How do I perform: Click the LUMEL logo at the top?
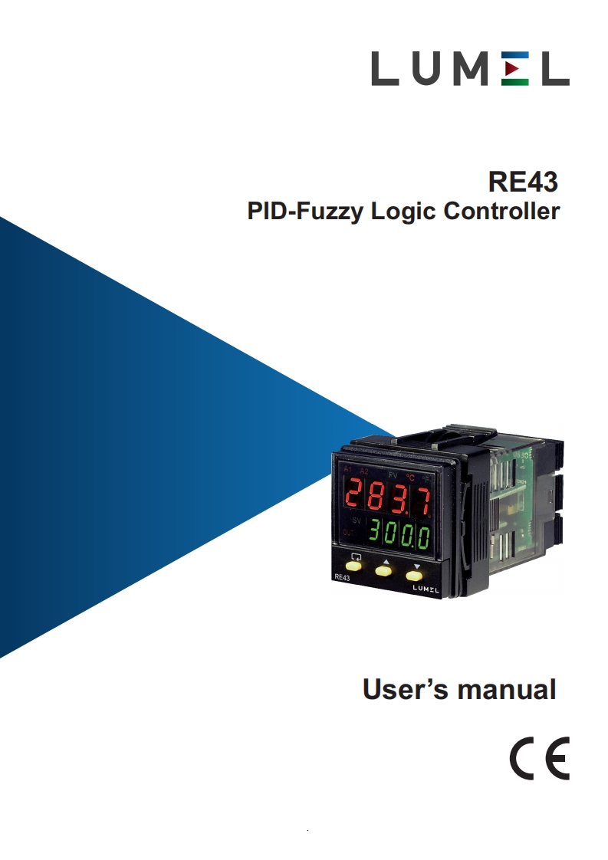click(470, 69)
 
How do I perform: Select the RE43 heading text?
click(524, 182)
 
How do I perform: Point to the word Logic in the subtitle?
click(398, 212)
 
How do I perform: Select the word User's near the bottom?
click(405, 689)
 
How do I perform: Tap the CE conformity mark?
click(539, 758)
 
